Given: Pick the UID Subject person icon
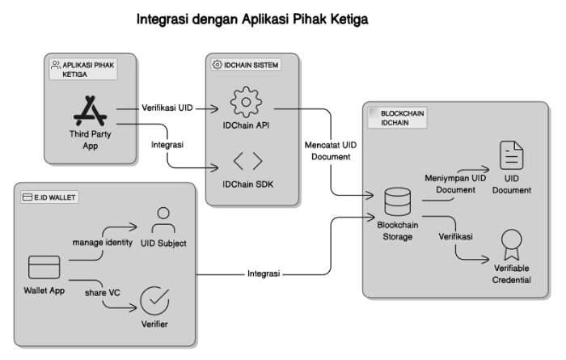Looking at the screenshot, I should click(163, 220).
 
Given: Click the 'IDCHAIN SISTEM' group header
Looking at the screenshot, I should click(248, 64).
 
